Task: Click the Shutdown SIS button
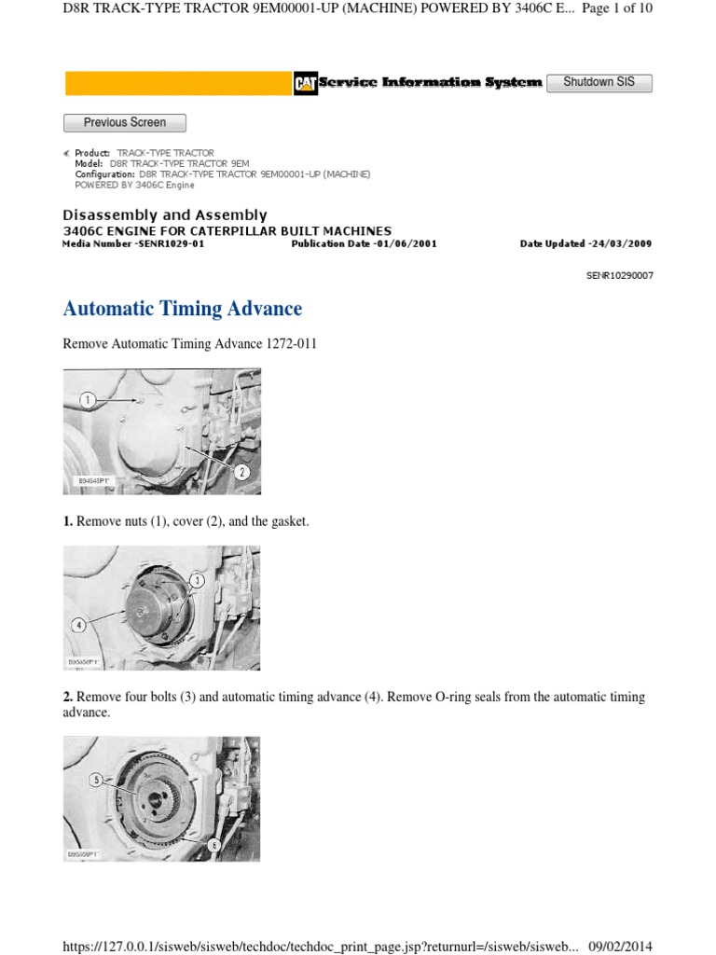[599, 82]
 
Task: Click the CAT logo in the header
[305, 83]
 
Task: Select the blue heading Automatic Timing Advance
[183, 308]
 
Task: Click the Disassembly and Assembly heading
[164, 215]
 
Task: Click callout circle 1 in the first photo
[88, 400]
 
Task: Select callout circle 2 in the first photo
[241, 472]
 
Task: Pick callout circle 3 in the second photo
[197, 581]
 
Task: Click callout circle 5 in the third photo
[96, 780]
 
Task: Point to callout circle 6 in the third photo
[213, 845]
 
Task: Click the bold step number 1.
[68, 521]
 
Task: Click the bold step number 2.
[68, 697]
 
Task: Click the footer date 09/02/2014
[621, 946]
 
